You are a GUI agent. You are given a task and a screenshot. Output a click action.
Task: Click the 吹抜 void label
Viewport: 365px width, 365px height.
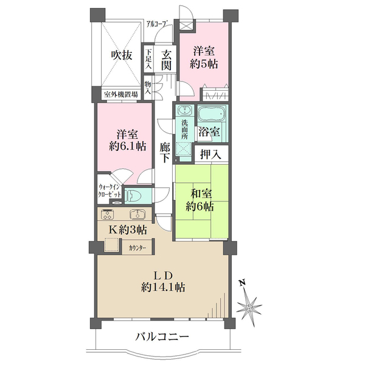pyautogui.click(x=121, y=55)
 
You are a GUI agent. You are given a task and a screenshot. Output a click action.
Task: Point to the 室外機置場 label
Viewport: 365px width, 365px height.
pyautogui.click(x=120, y=94)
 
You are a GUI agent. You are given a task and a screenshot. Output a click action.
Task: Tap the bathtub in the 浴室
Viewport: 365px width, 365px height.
pyautogui.click(x=211, y=114)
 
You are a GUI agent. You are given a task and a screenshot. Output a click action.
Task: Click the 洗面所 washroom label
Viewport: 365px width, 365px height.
pyautogui.click(x=184, y=128)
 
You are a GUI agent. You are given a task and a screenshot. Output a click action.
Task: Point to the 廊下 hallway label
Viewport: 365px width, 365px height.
pyautogui.click(x=165, y=153)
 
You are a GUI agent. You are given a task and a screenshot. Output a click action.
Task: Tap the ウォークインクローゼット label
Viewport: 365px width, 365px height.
pyautogui.click(x=109, y=192)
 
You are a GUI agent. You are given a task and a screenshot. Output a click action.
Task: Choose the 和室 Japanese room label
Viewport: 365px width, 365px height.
pyautogui.click(x=201, y=194)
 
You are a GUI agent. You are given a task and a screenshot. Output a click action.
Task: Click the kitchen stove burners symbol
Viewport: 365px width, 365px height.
pyautogui.click(x=108, y=214)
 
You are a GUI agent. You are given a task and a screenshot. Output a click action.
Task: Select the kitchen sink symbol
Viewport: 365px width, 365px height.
pyautogui.click(x=136, y=214)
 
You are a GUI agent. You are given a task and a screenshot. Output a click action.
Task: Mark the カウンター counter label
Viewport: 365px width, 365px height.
pyautogui.click(x=138, y=248)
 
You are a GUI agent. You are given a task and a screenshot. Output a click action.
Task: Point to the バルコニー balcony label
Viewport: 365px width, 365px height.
pyautogui.click(x=162, y=336)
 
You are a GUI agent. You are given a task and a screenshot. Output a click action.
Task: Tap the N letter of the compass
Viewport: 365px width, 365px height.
pyautogui.click(x=242, y=283)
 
